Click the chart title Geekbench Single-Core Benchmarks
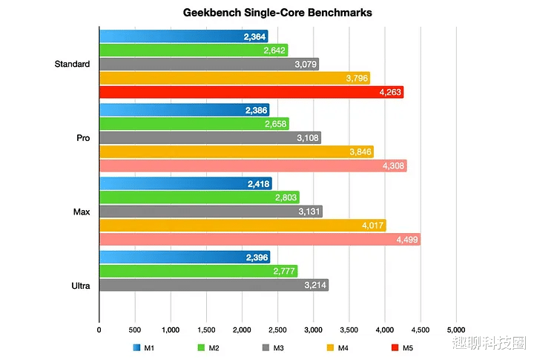point(267,13)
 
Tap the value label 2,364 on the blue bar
point(255,36)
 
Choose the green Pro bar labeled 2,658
point(194,123)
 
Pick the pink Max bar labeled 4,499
point(260,240)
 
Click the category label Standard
point(72,64)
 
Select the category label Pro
point(82,138)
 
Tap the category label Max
point(82,212)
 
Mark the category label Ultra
point(81,285)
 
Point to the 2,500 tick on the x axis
point(277,329)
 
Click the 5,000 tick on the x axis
point(455,329)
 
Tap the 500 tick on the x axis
point(134,329)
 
